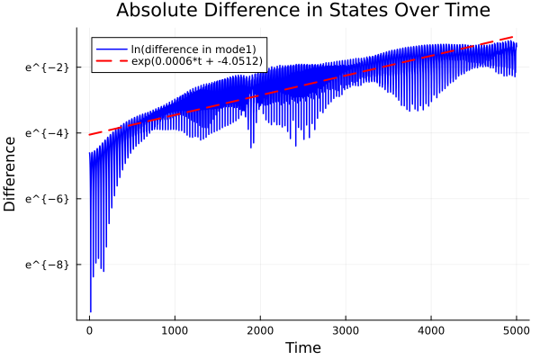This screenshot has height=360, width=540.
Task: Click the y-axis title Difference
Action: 11,174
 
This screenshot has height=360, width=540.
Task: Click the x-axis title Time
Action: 302,347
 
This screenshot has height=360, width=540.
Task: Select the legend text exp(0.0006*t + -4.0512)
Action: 197,61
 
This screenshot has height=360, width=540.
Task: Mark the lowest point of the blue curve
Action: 90,311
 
